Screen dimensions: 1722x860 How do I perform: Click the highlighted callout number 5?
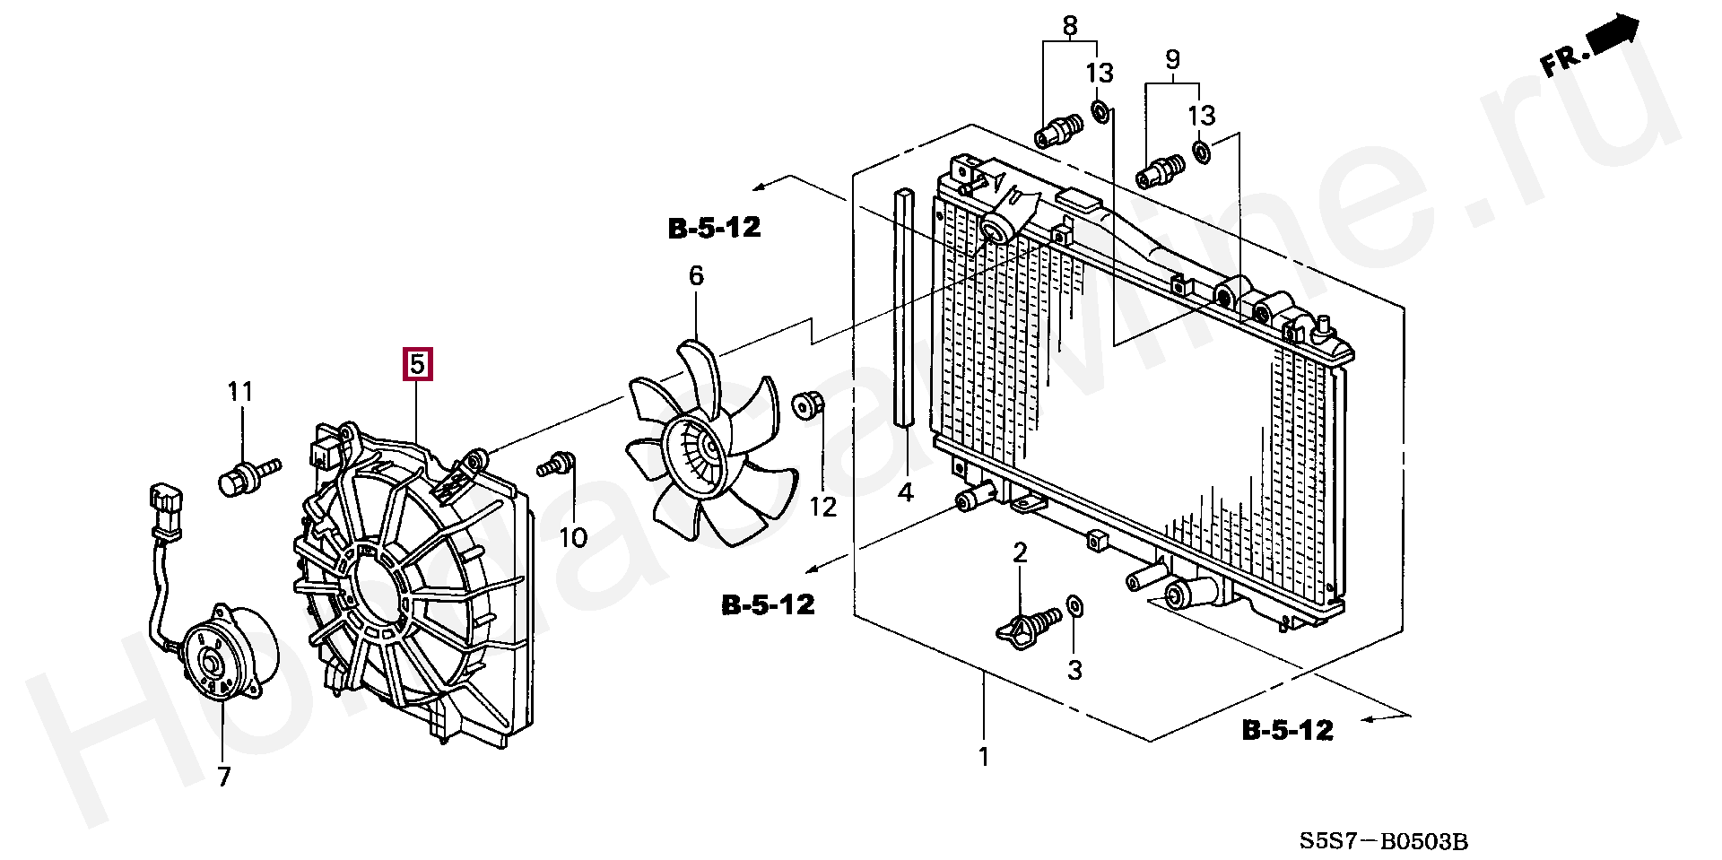417,365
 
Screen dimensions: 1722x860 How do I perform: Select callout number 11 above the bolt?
240,392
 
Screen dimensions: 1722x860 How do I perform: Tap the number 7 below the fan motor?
224,777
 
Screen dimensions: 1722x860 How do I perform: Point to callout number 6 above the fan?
697,276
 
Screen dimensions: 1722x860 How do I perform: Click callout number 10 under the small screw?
573,537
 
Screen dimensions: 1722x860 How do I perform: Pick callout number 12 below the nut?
822,508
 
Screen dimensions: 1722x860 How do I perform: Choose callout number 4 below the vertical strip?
906,492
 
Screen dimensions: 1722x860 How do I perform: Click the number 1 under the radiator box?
984,757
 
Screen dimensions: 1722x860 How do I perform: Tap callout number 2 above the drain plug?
1020,553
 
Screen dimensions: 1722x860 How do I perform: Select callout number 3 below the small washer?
1074,670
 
